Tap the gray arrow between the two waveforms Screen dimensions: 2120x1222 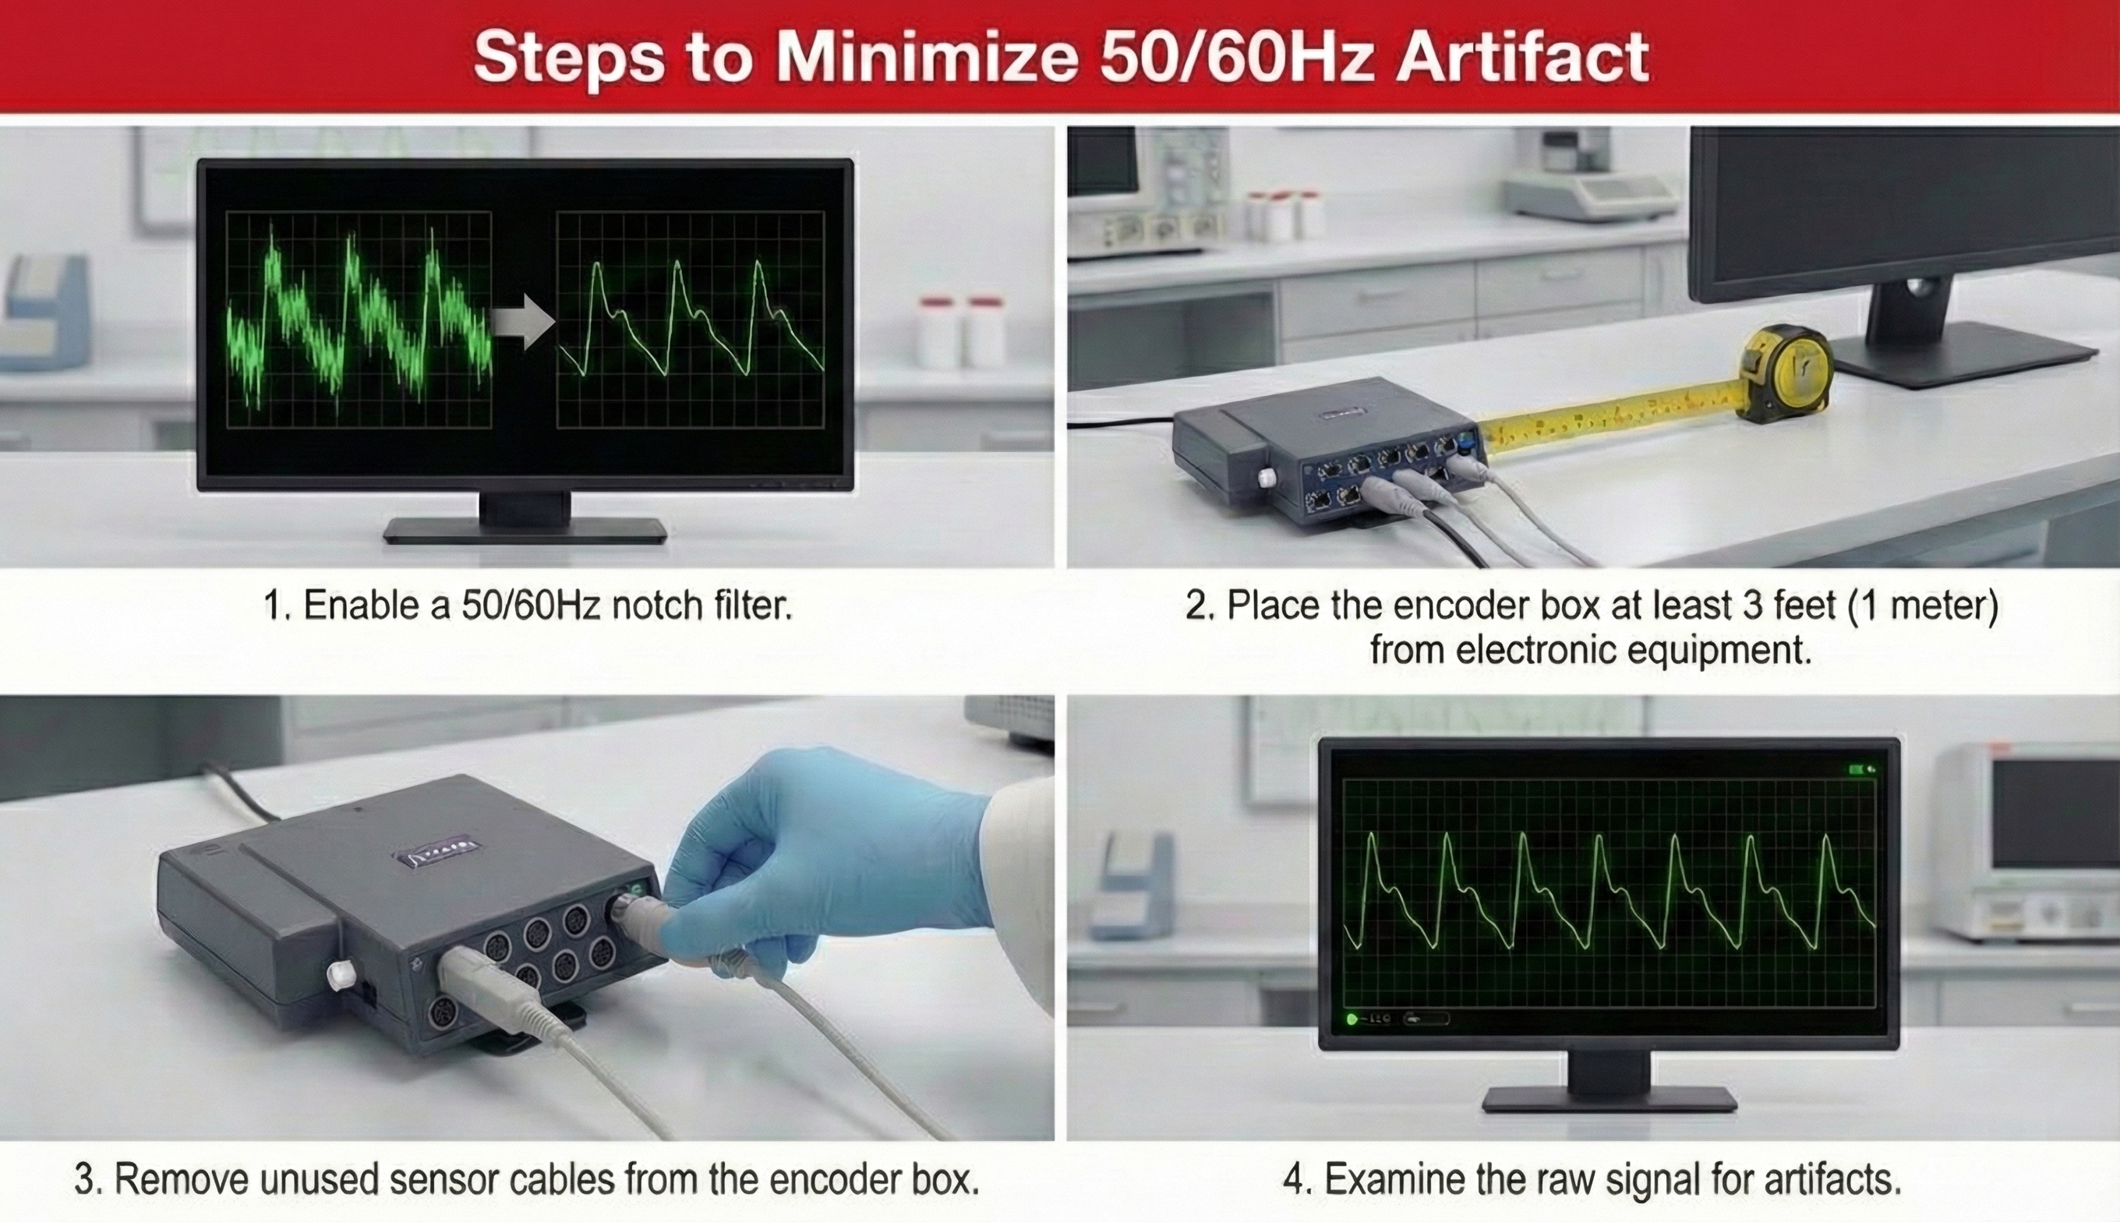point(521,320)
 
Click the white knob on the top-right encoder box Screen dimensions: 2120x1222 point(1267,478)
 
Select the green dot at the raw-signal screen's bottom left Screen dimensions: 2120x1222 point(1351,1019)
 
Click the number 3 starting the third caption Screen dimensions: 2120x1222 point(83,1179)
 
